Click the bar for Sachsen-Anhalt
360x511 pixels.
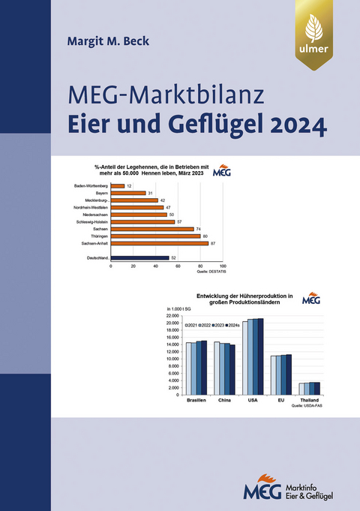tap(159, 243)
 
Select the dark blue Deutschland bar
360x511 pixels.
tap(139, 258)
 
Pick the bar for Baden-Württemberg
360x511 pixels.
tap(117, 185)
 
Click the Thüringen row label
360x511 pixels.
tap(95, 236)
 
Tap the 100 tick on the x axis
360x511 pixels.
tap(222, 266)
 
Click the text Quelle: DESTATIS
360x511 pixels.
tap(209, 272)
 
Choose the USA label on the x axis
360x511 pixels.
tap(252, 401)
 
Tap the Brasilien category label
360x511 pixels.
tap(196, 401)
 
